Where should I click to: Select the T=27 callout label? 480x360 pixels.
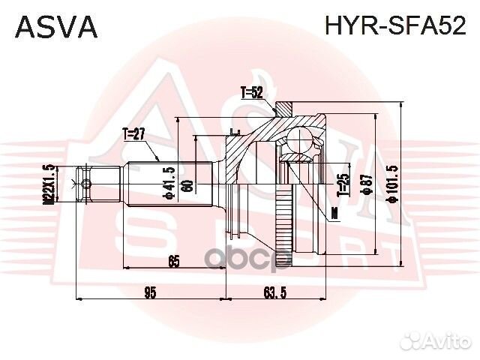point(133,134)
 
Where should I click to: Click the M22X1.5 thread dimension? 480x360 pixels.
point(49,184)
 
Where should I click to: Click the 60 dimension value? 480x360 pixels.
point(188,185)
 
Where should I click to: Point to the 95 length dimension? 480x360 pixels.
point(150,292)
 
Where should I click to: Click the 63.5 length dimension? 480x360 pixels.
point(276,292)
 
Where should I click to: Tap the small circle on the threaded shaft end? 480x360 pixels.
point(87,184)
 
